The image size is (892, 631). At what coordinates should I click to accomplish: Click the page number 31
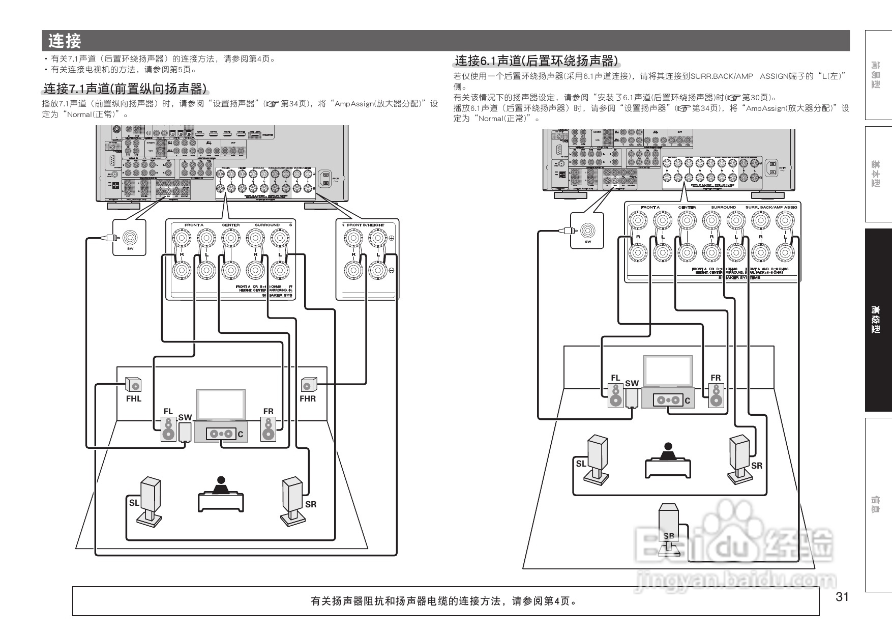click(842, 597)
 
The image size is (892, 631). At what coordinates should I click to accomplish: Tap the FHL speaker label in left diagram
click(134, 399)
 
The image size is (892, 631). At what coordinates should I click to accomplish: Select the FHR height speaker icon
click(308, 385)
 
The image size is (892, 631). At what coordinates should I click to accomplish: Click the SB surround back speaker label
click(669, 536)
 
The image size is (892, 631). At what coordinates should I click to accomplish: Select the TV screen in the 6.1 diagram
click(668, 371)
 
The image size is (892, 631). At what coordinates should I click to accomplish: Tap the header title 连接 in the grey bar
click(65, 41)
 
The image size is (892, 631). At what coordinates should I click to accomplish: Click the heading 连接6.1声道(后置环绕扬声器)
click(537, 61)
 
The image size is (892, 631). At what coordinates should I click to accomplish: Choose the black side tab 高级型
click(878, 320)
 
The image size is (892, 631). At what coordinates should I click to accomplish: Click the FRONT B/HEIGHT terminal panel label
click(366, 224)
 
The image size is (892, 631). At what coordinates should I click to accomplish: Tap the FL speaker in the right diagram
click(616, 395)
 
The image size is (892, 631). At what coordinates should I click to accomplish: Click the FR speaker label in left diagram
click(268, 411)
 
